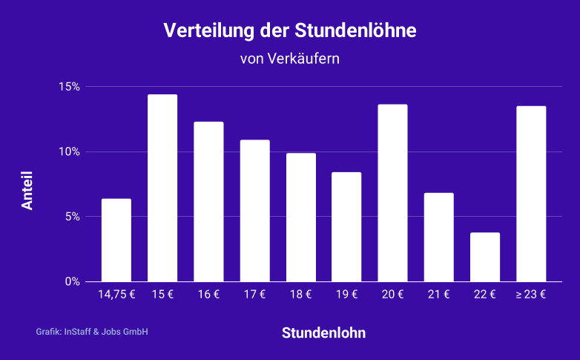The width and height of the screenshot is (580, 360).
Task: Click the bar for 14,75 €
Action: click(x=116, y=240)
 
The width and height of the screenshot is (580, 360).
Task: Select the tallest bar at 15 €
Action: click(x=162, y=188)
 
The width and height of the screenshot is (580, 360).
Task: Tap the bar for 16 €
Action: click(x=208, y=201)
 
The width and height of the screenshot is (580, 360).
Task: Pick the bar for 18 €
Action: click(x=300, y=217)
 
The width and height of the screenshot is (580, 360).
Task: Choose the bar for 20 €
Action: click(x=392, y=192)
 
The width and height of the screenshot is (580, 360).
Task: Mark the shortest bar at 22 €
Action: click(x=485, y=257)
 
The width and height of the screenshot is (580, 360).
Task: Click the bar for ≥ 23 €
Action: click(x=531, y=194)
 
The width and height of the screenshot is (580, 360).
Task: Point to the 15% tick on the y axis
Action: click(x=70, y=87)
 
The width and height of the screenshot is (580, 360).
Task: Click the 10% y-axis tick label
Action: click(x=70, y=152)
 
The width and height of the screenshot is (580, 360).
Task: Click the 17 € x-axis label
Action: click(x=254, y=295)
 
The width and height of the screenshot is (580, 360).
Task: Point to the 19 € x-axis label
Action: click(x=346, y=295)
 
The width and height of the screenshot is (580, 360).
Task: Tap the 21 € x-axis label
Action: click(x=438, y=295)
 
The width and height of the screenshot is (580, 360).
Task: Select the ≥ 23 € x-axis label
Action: click(x=531, y=295)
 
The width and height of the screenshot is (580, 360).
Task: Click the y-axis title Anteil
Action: click(x=27, y=192)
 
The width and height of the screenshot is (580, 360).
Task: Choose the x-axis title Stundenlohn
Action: click(x=323, y=333)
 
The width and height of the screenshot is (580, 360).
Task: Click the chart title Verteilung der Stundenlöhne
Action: click(x=290, y=31)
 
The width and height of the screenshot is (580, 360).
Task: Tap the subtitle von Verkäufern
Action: click(x=290, y=59)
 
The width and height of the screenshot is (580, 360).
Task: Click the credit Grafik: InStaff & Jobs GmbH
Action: click(x=92, y=332)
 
